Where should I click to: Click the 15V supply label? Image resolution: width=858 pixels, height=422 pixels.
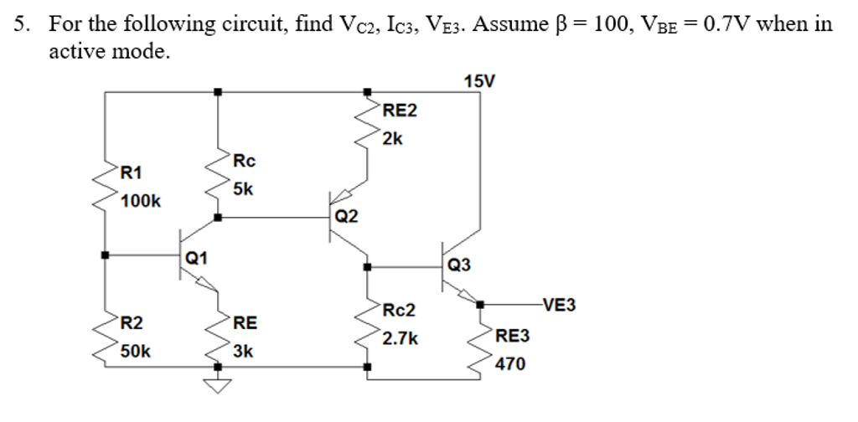479,80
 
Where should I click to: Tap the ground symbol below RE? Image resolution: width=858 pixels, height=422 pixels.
219,384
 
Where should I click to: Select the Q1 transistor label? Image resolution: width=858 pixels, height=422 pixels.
197,257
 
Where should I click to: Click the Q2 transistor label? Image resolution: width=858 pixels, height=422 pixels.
346,217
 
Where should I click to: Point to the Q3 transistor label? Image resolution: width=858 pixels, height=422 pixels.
459,265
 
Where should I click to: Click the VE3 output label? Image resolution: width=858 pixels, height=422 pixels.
559,304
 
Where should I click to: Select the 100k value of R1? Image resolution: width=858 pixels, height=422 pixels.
141,202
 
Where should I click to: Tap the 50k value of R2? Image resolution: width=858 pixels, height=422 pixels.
135,351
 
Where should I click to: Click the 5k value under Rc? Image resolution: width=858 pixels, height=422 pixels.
243,189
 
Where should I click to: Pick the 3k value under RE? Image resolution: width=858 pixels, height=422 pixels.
242,351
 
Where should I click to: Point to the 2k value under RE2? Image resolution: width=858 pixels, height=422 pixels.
392,138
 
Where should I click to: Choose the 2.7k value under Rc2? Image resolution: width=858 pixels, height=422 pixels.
400,339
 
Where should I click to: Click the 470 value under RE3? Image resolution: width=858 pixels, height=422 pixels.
510,364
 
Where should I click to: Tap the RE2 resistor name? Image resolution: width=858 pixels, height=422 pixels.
399,111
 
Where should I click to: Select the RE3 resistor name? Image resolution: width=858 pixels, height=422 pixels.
513,337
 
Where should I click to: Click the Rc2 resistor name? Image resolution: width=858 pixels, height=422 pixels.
399,311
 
